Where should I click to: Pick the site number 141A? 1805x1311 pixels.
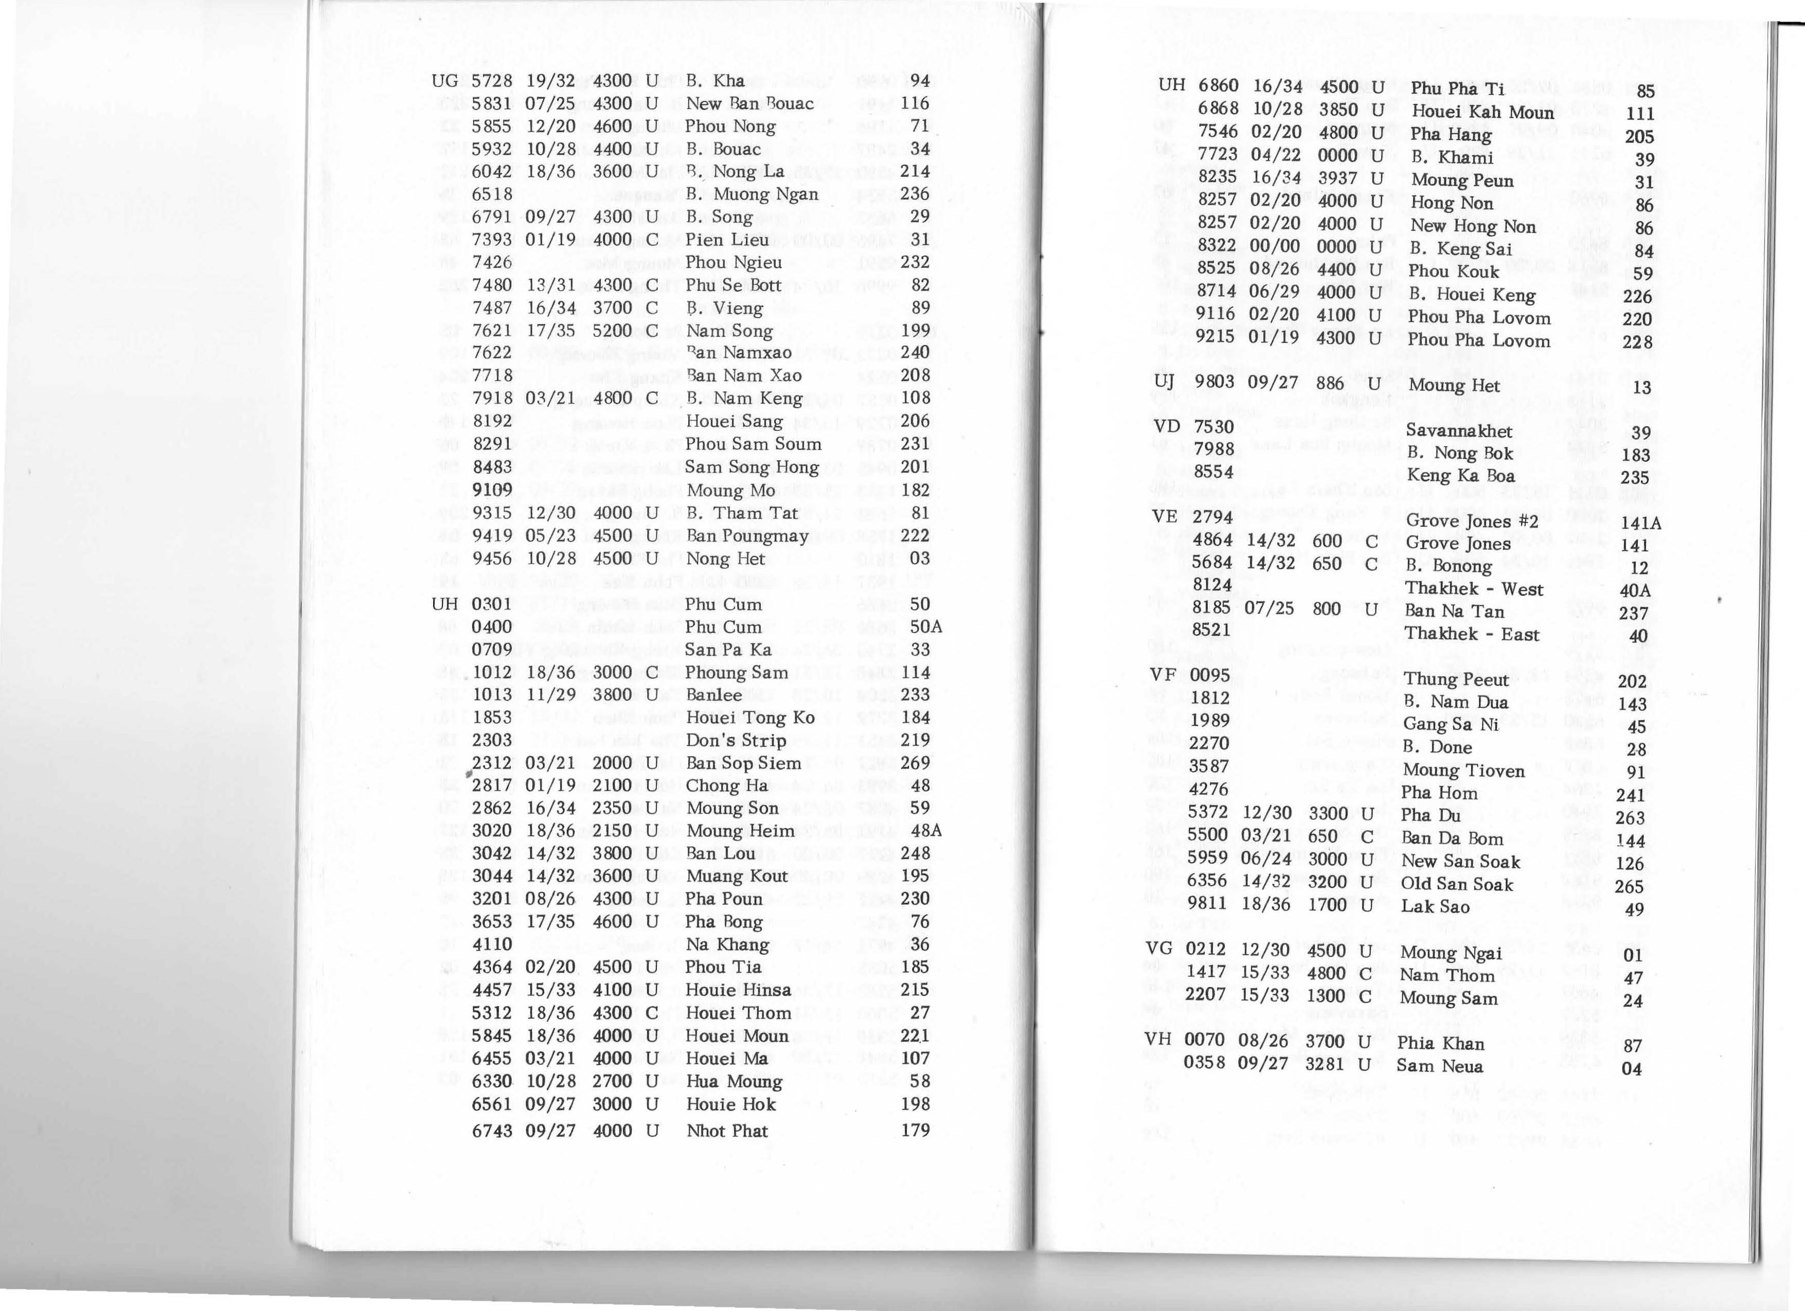[1640, 523]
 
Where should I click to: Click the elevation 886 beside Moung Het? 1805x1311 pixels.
[1330, 384]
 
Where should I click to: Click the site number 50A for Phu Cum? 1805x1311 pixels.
[925, 627]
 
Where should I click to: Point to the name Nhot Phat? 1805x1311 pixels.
[727, 1131]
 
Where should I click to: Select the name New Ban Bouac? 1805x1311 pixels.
[749, 103]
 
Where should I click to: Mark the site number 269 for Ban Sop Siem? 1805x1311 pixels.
[915, 763]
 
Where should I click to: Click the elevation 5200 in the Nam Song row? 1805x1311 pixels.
[612, 330]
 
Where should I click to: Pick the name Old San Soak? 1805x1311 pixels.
[1456, 885]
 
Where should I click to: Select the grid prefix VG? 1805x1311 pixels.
[1159, 949]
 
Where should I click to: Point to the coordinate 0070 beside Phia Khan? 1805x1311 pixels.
[1205, 1040]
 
